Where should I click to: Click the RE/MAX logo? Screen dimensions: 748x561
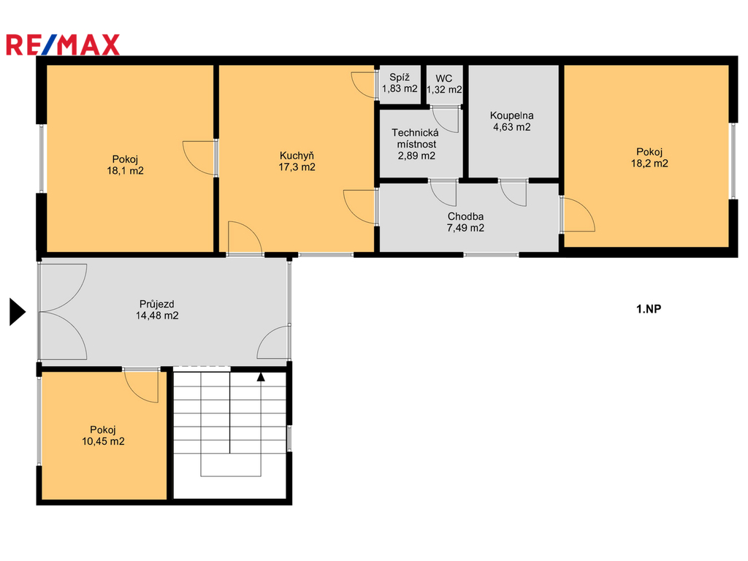[63, 45]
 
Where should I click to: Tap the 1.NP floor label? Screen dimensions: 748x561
[649, 309]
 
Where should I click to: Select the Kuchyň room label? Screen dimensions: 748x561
[297, 156]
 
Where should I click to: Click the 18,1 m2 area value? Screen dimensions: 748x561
[125, 171]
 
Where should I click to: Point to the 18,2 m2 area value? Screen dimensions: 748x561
[649, 163]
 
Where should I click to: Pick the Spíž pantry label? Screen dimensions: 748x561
[400, 77]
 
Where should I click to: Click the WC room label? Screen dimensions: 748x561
[443, 78]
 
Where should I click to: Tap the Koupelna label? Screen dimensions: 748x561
[511, 116]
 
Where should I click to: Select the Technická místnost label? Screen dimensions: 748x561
[416, 138]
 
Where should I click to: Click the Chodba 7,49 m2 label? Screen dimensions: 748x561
[465, 222]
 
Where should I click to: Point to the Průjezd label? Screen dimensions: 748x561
[156, 304]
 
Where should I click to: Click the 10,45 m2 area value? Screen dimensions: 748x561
[103, 441]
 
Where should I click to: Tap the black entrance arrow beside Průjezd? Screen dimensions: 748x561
[18, 312]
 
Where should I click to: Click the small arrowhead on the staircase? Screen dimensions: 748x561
[261, 377]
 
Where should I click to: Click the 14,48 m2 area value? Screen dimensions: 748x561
[157, 316]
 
